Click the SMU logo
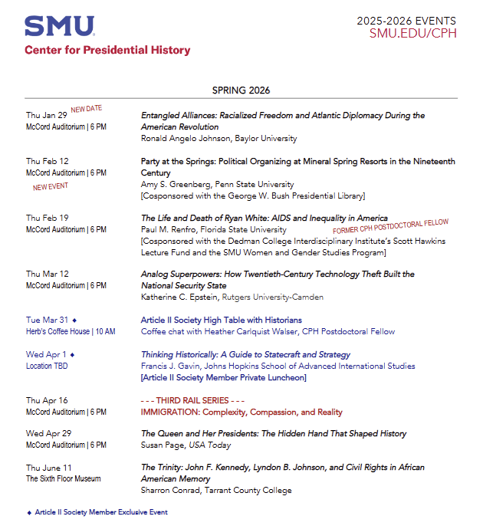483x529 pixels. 60,26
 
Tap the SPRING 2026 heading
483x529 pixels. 241,90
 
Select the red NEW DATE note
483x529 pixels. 87,109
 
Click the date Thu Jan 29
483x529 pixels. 46,115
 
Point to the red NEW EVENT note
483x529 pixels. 50,186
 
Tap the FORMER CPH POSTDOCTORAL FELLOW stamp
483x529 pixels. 390,226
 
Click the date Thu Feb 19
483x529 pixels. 47,218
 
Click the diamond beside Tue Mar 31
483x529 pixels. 74,320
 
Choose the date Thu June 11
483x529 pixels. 48,468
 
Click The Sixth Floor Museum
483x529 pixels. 63,479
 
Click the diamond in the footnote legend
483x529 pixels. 29,512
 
